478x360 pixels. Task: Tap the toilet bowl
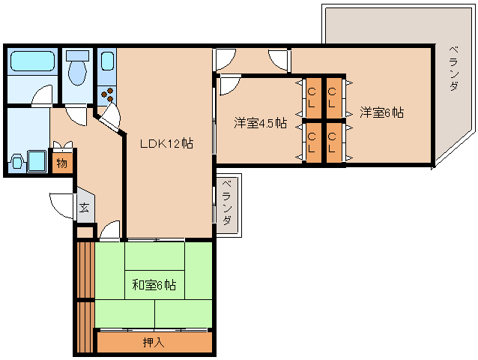(76, 73)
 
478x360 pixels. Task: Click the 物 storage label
(62, 163)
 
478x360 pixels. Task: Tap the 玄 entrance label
(85, 208)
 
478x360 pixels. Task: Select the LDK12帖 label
(166, 143)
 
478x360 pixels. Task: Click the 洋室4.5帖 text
(260, 123)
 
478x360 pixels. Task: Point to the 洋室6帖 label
(381, 113)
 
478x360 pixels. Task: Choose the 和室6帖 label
(154, 285)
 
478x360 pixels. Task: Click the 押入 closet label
(155, 343)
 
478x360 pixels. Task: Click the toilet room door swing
(76, 114)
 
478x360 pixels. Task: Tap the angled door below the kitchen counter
(109, 118)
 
